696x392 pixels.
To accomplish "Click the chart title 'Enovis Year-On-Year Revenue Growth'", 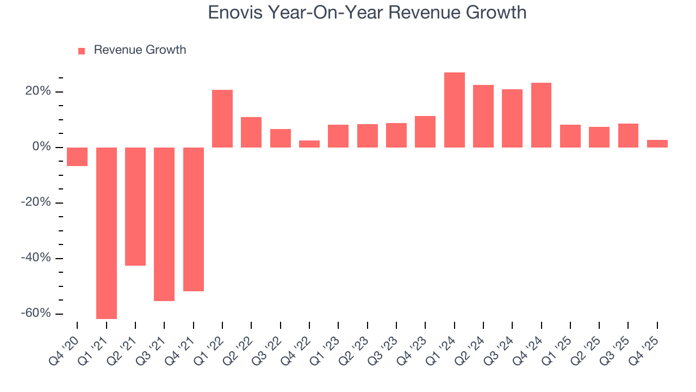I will (367, 12).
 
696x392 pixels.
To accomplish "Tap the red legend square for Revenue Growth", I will (82, 51).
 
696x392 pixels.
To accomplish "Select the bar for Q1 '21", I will (106, 233).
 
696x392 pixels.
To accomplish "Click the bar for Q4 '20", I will (77, 157).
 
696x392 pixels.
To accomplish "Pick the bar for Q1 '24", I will (454, 110).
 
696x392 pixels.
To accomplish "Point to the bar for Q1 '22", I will (222, 119).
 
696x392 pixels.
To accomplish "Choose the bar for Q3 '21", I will (164, 224).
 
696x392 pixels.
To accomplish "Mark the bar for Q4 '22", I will (309, 144).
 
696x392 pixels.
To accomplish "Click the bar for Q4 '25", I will (657, 144).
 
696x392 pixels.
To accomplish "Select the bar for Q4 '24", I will (541, 115).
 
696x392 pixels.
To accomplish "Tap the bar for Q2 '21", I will (135, 206).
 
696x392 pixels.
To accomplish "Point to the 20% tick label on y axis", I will (38, 91).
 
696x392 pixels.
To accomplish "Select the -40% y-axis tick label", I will (35, 258).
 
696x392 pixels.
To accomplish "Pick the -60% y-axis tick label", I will (35, 314).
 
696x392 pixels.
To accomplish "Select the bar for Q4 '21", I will (193, 219).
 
